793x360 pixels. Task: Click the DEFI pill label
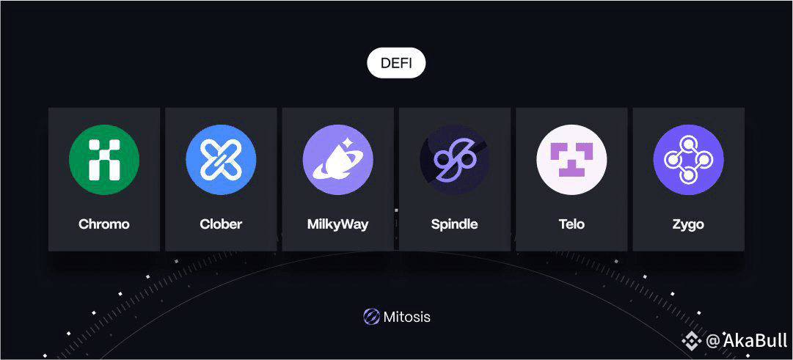396,64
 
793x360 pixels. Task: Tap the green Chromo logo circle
104,160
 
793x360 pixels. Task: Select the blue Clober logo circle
221,160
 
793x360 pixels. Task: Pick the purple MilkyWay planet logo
337,160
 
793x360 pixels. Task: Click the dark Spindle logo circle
454,160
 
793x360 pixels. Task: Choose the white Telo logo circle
571,160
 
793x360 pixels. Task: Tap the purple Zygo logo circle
688,160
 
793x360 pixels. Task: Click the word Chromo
104,224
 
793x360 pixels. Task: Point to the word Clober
221,224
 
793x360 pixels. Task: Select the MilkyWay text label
337,224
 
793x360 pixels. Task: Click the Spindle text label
454,224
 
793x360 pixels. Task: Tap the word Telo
571,224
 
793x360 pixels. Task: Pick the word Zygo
688,224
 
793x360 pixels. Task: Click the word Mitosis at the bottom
407,317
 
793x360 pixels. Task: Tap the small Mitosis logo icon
371,317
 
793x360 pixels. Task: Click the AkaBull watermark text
755,340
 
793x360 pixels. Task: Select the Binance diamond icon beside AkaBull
691,340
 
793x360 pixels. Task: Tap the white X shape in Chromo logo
104,160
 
